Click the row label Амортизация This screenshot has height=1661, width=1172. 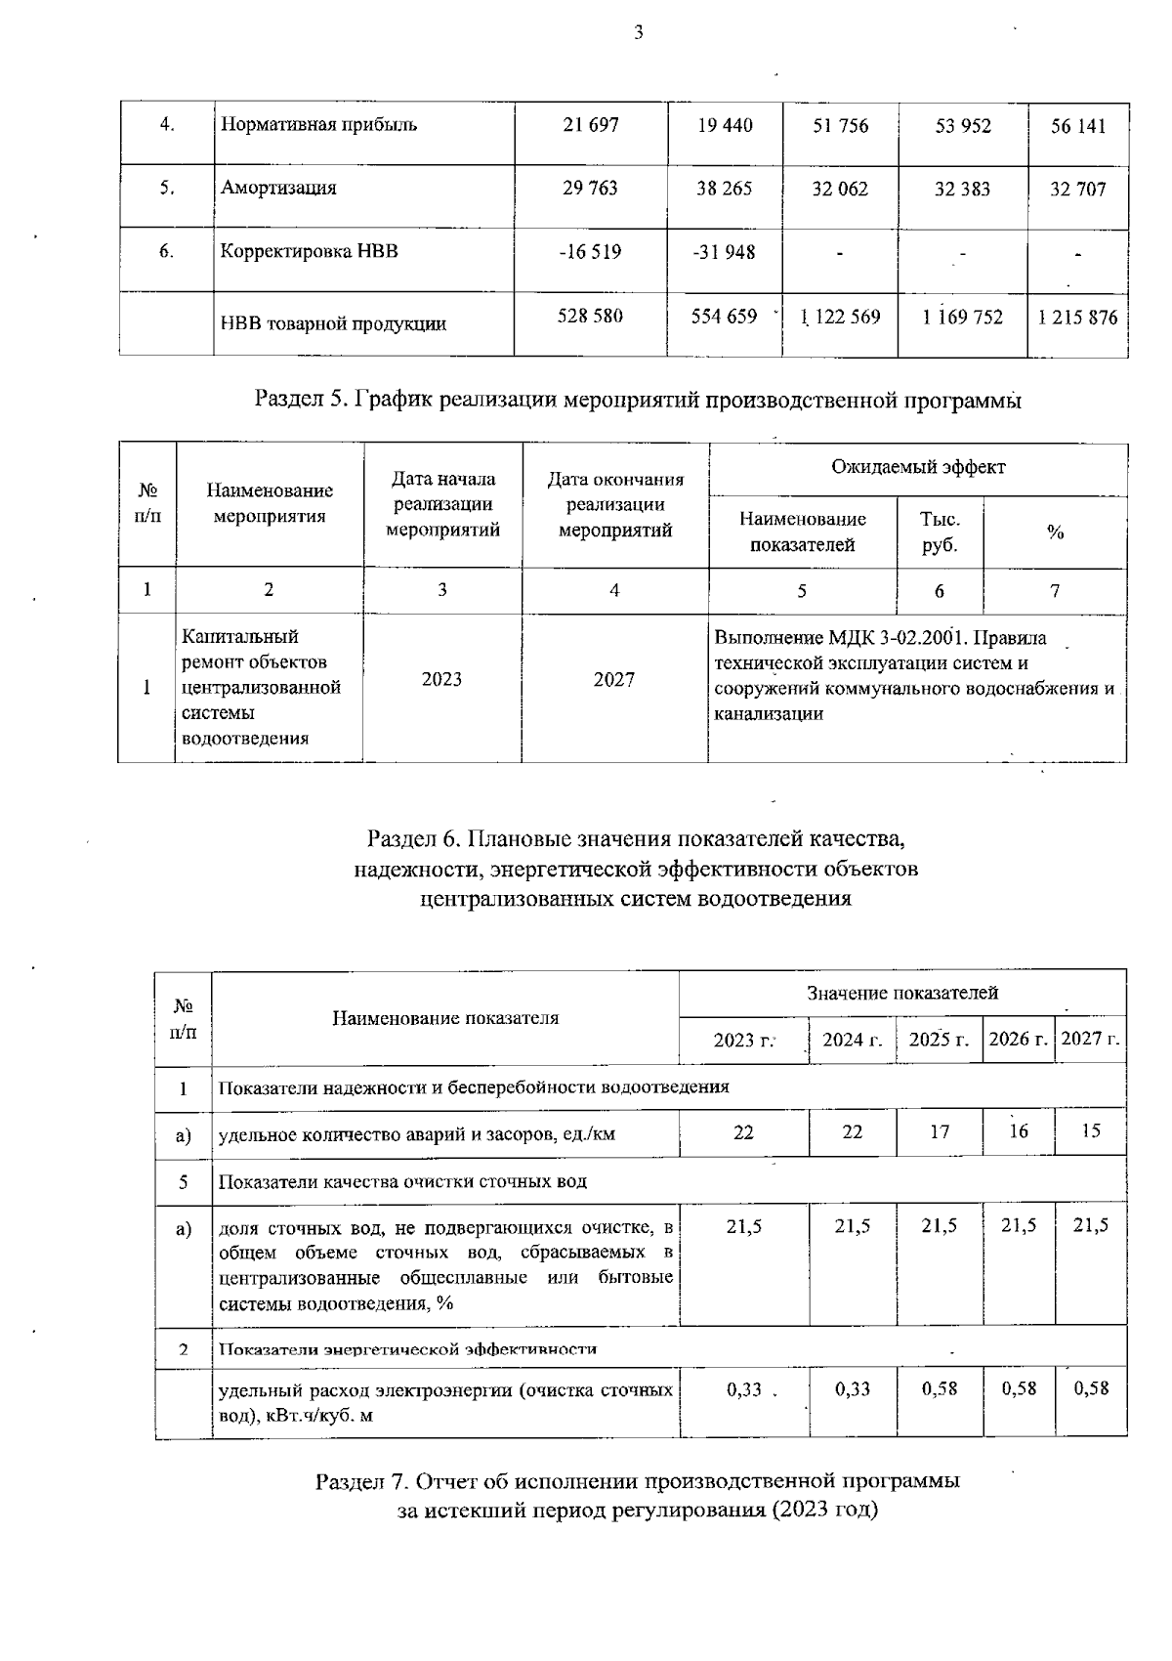click(278, 189)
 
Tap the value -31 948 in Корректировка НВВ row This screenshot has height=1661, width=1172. click(724, 252)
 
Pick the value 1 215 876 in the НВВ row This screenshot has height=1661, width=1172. click(1078, 318)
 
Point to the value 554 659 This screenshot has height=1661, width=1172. click(724, 317)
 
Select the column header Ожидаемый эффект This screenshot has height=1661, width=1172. click(917, 467)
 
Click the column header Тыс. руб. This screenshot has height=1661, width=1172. click(939, 532)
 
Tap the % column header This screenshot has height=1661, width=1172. click(1055, 532)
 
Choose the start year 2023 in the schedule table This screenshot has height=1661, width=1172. click(441, 679)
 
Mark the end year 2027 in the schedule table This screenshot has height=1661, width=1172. click(614, 679)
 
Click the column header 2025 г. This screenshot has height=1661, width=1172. click(939, 1040)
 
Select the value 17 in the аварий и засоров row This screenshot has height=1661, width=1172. click(939, 1131)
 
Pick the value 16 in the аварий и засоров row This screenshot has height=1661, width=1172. click(1019, 1130)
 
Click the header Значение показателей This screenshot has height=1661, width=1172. click(902, 993)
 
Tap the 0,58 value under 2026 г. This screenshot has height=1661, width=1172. click(1019, 1388)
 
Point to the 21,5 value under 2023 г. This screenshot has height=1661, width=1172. click(744, 1226)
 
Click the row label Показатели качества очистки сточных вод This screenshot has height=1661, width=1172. click(402, 1181)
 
